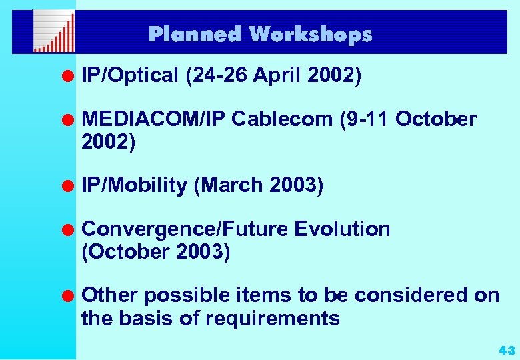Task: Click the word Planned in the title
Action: click(x=193, y=34)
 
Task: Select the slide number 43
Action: click(x=507, y=350)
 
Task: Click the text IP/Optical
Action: click(x=130, y=76)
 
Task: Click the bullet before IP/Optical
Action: click(x=67, y=76)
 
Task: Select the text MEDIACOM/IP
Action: click(x=153, y=119)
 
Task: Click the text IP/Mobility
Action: click(x=134, y=185)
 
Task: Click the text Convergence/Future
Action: click(x=184, y=229)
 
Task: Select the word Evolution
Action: click(x=342, y=229)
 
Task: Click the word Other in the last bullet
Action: click(x=109, y=295)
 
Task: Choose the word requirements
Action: click(x=273, y=319)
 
